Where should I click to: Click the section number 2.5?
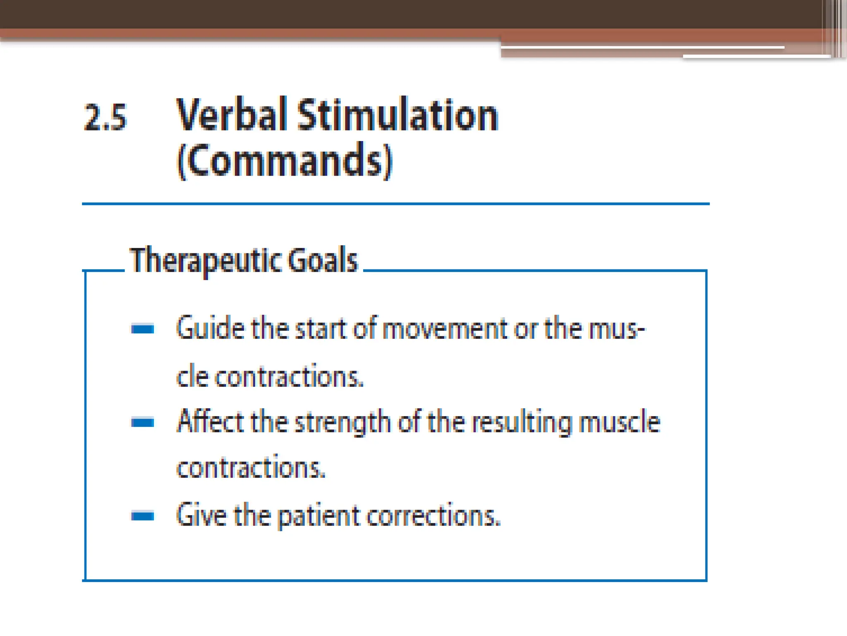[x=105, y=118]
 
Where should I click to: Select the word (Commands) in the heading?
[x=285, y=161]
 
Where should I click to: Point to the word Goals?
[x=323, y=260]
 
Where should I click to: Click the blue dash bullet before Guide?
[x=143, y=329]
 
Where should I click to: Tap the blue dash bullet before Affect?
[x=143, y=422]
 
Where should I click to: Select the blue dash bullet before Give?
[x=143, y=516]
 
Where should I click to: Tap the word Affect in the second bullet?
[x=210, y=422]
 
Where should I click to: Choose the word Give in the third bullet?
[x=201, y=516]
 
